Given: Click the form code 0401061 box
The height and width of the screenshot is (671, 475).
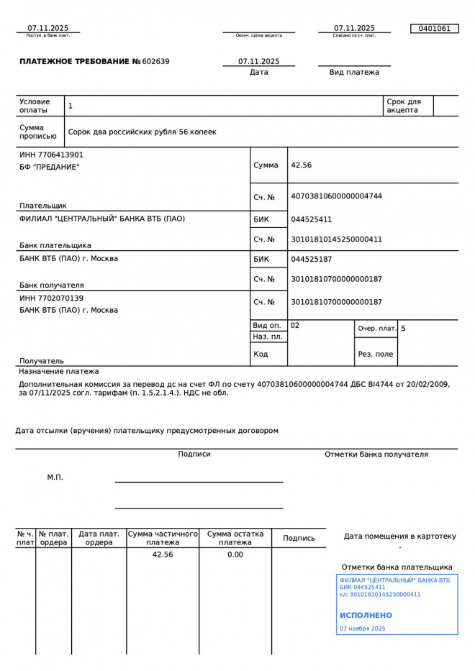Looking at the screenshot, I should [x=434, y=29].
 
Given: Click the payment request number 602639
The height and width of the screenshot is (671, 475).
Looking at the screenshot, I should [x=155, y=62].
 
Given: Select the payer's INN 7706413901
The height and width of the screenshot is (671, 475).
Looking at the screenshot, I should [x=51, y=155].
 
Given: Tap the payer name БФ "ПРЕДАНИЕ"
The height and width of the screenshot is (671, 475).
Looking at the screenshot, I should [x=49, y=167].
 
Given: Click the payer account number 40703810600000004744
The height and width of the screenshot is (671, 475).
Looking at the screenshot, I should [x=336, y=196].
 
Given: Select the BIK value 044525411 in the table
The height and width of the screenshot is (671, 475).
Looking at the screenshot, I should [x=311, y=219].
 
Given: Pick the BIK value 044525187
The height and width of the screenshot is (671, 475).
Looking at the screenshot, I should [x=311, y=259].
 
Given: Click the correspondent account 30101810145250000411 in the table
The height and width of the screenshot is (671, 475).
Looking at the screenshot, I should [x=336, y=239].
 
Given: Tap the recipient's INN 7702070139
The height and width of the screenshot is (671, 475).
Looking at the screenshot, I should [x=51, y=298].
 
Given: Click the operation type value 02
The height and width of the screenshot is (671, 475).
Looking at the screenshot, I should [x=295, y=326].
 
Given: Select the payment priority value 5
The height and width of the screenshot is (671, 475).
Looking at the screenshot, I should [x=403, y=329].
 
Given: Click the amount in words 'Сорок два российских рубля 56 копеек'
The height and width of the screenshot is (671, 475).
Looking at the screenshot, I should [x=142, y=132].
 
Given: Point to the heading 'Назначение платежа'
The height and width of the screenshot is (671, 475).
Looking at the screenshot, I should [x=59, y=372].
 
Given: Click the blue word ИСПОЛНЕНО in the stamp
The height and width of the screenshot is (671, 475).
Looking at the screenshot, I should [x=366, y=616].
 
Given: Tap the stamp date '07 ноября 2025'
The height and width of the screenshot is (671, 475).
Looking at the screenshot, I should [x=362, y=629].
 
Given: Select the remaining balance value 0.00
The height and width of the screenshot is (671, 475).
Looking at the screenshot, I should [x=235, y=554].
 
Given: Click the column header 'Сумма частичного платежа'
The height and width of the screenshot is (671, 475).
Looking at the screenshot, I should [x=163, y=538].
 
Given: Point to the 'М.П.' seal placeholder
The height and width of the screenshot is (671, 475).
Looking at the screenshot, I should [x=55, y=477].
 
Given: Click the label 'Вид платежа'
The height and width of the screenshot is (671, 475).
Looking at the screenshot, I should [x=354, y=72].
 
